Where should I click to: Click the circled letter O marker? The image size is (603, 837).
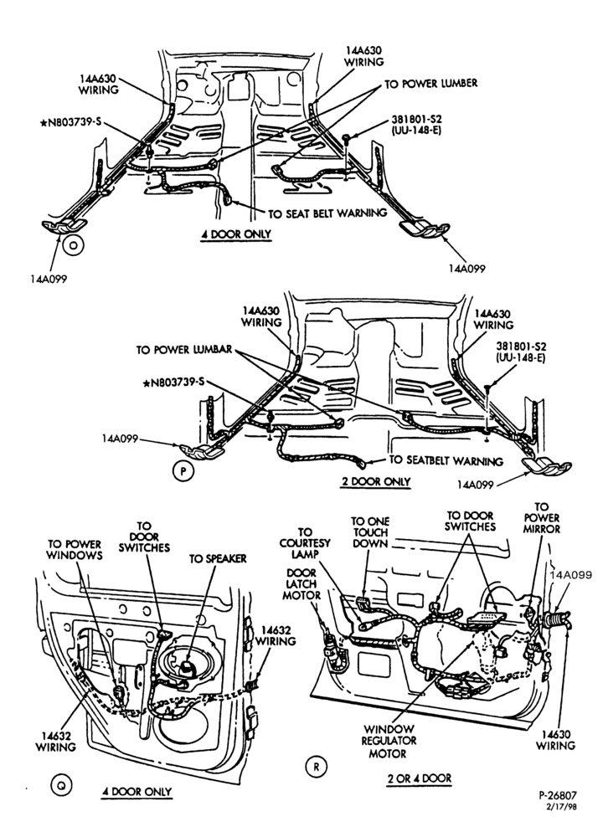(73, 244)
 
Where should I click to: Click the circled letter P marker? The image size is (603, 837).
(183, 472)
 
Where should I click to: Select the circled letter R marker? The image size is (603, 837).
(316, 767)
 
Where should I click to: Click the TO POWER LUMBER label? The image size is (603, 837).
(431, 84)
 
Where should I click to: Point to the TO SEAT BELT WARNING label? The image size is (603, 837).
(327, 213)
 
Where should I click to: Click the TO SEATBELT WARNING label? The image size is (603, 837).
(446, 460)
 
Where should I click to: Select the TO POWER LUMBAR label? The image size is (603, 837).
(184, 350)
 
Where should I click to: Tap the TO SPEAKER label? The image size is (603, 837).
(218, 558)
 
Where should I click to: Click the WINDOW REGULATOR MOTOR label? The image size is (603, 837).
(389, 741)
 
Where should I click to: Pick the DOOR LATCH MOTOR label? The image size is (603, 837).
(301, 584)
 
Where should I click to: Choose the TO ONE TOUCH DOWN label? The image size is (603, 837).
(370, 532)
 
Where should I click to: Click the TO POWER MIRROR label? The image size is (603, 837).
(542, 518)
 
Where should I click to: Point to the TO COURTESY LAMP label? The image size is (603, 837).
(305, 543)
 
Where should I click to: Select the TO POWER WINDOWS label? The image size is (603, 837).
(75, 550)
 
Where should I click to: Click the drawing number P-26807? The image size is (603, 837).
(557, 795)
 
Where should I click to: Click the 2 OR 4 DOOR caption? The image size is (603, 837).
(420, 778)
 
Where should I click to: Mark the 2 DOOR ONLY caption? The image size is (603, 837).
(376, 481)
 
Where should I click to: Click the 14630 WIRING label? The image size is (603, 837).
(556, 740)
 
